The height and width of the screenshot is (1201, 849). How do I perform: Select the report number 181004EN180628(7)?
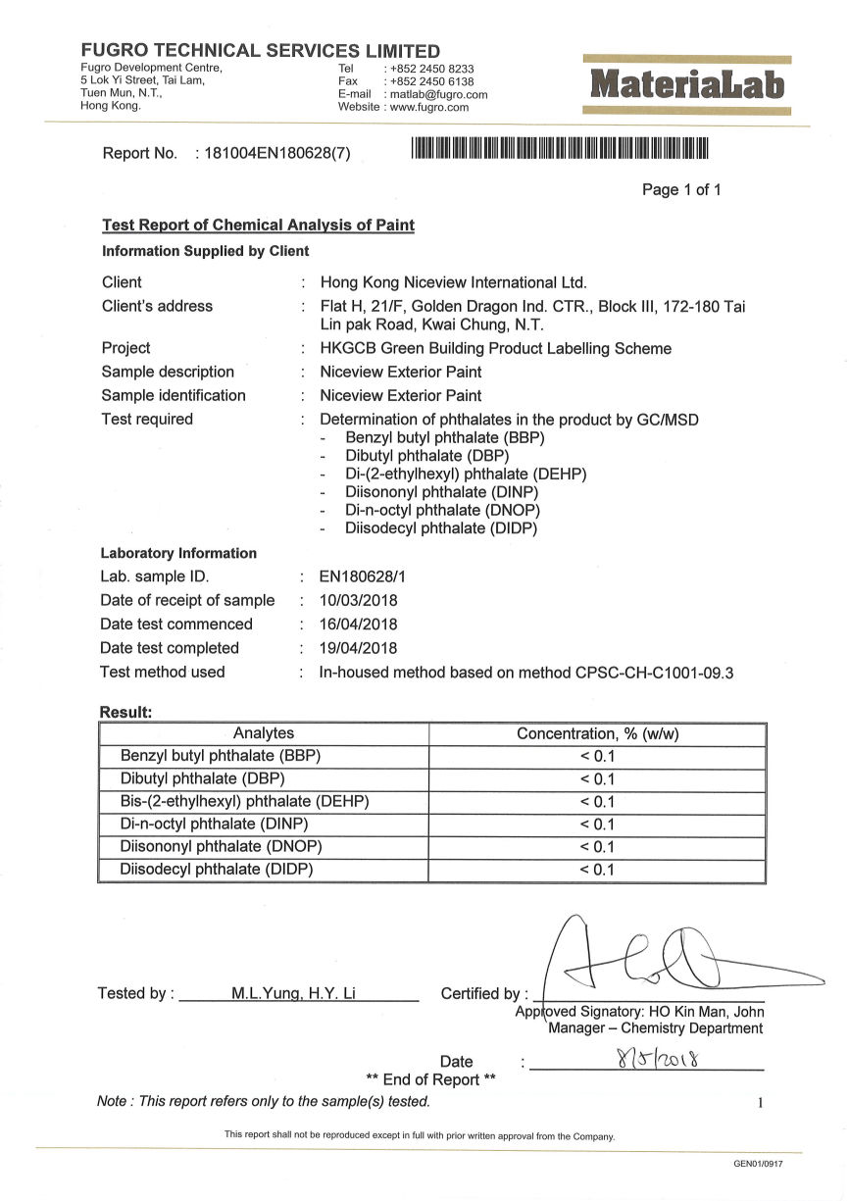coord(276,153)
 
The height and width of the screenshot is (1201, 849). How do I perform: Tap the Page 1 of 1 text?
coord(681,190)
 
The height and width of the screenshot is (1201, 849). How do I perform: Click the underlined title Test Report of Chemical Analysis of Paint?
coord(258,225)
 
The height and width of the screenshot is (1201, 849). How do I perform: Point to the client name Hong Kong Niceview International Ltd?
coord(453,282)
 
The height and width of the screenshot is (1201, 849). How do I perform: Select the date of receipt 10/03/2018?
coord(359,601)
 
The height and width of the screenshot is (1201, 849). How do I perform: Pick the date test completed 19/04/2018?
coord(359,648)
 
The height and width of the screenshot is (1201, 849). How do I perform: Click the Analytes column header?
coord(264,733)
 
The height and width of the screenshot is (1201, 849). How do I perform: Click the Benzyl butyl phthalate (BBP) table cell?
coord(221,756)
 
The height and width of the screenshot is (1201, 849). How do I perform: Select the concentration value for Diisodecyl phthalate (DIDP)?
coord(597,870)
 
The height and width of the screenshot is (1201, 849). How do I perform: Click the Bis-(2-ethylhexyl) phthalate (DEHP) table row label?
coord(244,801)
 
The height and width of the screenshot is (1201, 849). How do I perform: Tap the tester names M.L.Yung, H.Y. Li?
coord(293,994)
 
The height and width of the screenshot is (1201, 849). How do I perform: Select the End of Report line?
coord(430,1080)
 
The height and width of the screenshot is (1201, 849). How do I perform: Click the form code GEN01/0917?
coord(758,1164)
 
